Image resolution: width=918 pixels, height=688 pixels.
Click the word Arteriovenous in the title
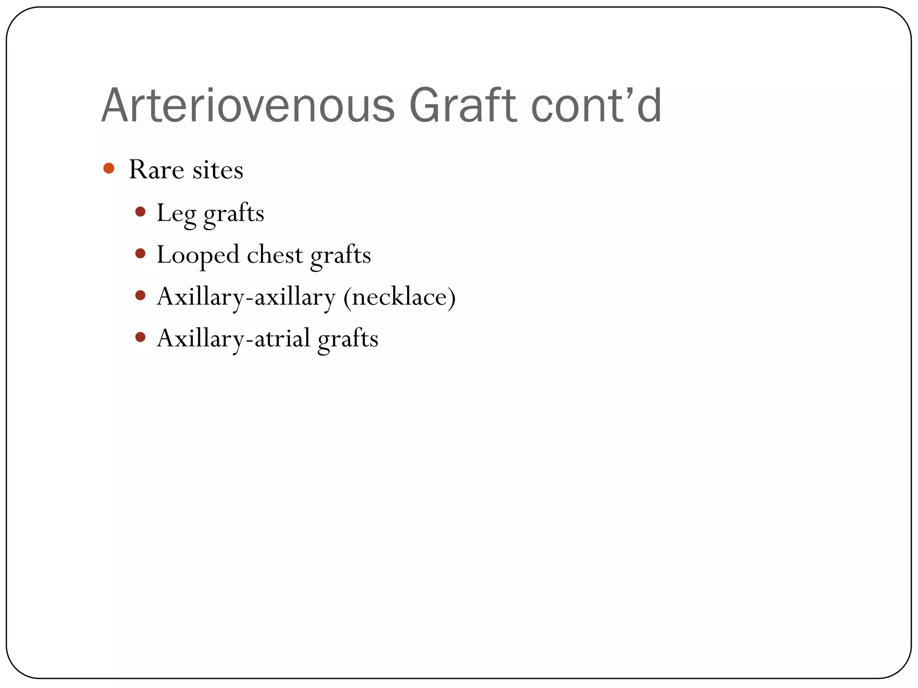pos(248,106)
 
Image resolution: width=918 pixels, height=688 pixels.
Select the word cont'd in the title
pos(596,106)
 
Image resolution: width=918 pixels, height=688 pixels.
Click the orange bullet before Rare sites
pos(108,168)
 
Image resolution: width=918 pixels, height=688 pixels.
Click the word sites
pos(218,170)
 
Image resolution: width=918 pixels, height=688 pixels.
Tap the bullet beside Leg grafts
pos(140,211)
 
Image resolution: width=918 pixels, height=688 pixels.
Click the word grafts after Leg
pos(234,214)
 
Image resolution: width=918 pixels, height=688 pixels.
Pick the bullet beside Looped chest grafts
pos(140,254)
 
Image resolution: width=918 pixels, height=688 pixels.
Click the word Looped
pos(198,256)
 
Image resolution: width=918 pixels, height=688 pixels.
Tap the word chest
pos(275,255)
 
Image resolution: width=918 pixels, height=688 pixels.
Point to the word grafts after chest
pos(341,256)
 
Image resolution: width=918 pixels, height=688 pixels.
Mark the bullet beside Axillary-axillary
pos(140,295)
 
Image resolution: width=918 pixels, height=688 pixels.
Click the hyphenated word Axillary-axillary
pos(246,297)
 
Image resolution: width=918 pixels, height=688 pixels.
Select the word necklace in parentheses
pos(399,297)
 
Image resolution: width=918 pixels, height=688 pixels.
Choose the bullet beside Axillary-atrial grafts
pos(140,337)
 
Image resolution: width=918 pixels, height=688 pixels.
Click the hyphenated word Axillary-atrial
pos(234,339)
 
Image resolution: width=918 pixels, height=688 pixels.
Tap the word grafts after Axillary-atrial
pos(348,340)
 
